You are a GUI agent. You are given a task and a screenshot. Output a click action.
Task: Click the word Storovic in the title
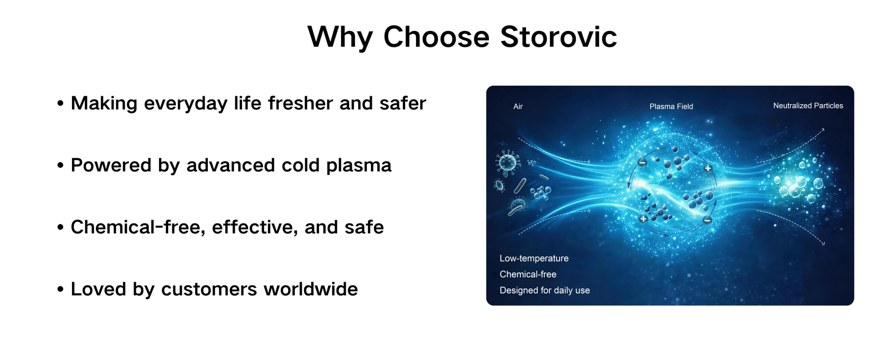tap(558, 36)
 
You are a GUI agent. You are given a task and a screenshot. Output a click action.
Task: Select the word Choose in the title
tap(436, 36)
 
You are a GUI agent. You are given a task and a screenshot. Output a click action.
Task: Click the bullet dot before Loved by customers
tap(60, 289)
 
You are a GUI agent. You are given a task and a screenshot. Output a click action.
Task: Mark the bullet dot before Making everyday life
tap(60, 103)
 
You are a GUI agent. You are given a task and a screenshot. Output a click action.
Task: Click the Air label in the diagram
tap(518, 107)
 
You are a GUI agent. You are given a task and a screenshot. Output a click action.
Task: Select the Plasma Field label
tap(671, 107)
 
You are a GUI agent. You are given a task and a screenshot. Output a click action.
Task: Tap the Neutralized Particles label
tap(808, 106)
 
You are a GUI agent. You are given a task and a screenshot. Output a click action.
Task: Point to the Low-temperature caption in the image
tap(534, 258)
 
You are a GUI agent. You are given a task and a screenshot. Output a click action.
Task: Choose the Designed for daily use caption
tap(545, 290)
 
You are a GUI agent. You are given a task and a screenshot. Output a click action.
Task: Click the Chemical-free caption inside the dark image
tap(528, 274)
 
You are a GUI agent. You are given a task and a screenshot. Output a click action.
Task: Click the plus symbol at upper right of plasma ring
tap(708, 169)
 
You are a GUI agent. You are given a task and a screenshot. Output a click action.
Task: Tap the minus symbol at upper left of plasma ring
tap(642, 163)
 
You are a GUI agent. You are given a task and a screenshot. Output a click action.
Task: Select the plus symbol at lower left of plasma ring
tap(643, 219)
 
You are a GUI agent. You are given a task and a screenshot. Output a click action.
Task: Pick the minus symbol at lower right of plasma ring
tap(707, 221)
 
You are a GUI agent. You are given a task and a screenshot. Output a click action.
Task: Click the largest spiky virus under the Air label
tap(508, 162)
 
